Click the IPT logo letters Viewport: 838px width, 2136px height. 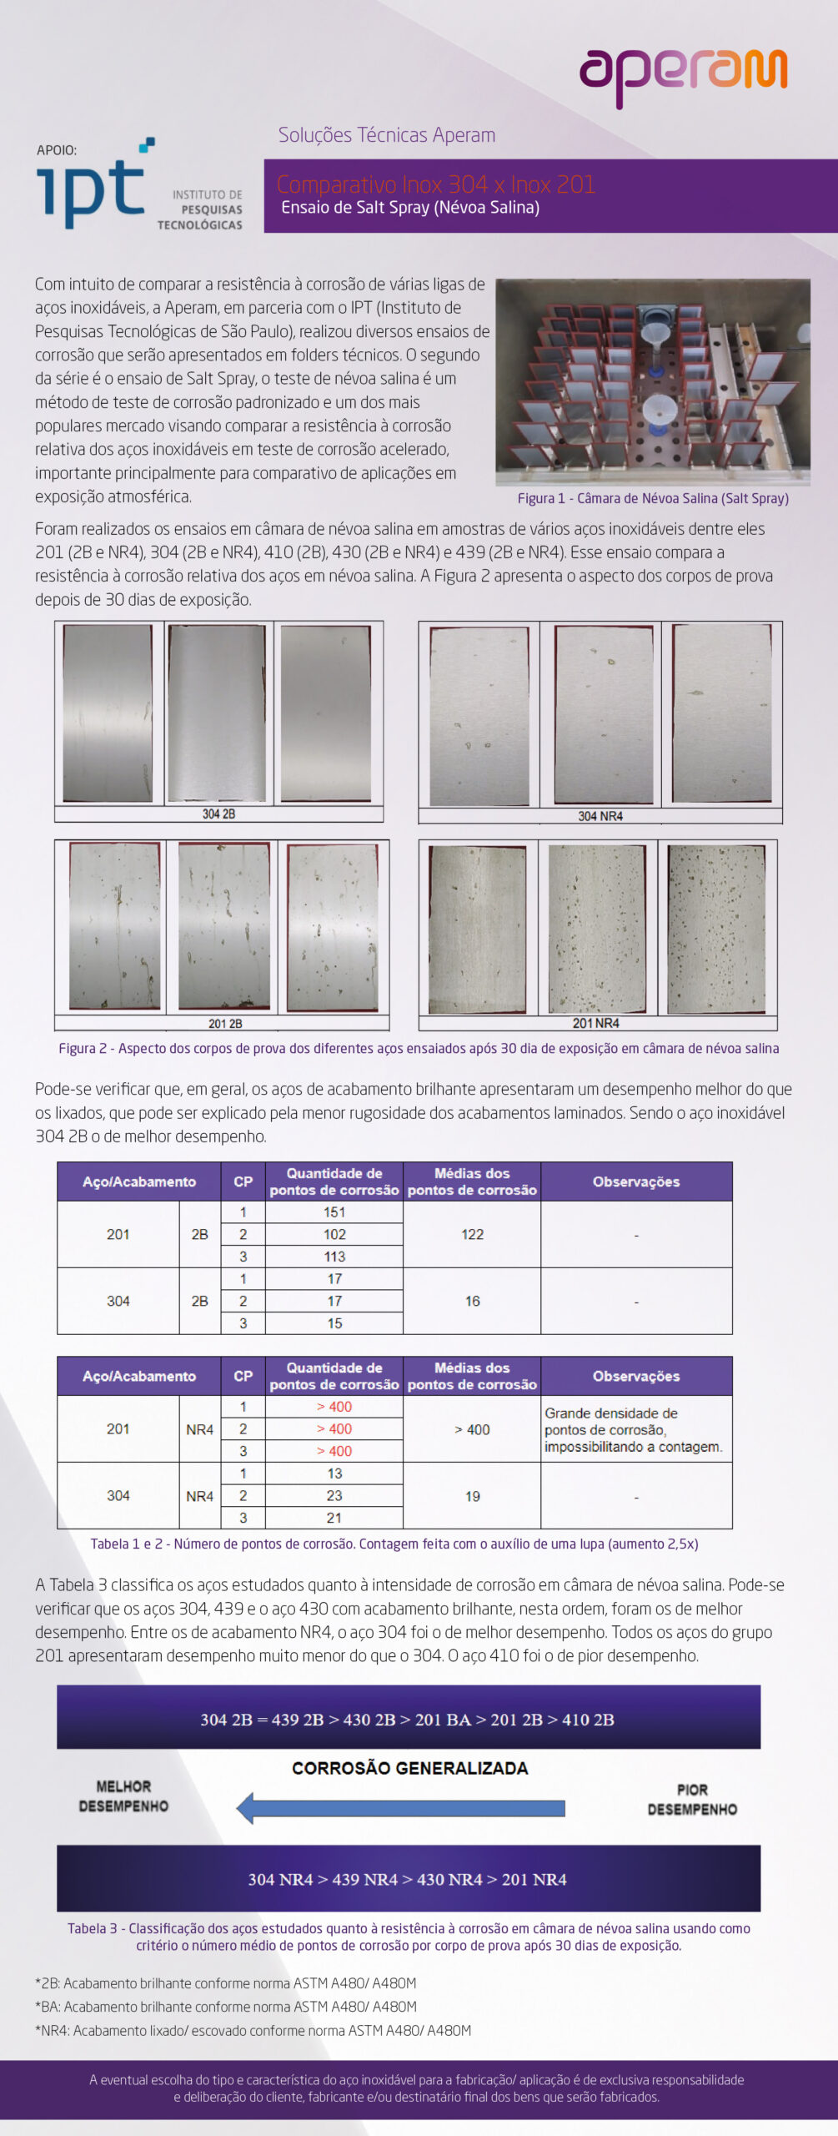click(91, 191)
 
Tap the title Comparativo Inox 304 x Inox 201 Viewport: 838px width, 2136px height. click(435, 184)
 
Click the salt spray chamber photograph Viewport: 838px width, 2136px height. click(652, 382)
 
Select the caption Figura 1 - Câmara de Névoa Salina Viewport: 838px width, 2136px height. click(652, 498)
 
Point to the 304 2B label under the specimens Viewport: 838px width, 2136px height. click(218, 814)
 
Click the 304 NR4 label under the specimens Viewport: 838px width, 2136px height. click(600, 816)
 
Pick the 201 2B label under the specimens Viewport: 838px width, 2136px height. click(224, 1023)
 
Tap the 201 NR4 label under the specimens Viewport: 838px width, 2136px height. click(595, 1023)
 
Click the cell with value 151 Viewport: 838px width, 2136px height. click(334, 1212)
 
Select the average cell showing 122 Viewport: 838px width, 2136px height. click(472, 1234)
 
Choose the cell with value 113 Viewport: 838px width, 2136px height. click(334, 1257)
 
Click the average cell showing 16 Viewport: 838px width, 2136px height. click(472, 1301)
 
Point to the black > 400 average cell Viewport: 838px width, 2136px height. click(472, 1429)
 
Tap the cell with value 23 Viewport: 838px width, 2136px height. click(334, 1496)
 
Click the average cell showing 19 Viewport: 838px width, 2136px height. click(472, 1496)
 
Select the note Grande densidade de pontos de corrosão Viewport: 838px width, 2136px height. click(634, 1429)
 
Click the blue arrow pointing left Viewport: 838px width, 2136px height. click(400, 1808)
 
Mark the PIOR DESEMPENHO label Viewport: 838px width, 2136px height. click(692, 1800)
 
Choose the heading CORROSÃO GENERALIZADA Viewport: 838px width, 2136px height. click(409, 1768)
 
